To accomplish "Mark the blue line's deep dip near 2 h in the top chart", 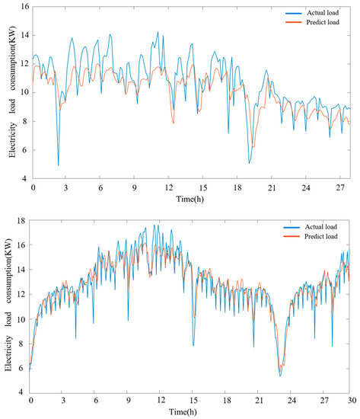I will pyautogui.click(x=59, y=165).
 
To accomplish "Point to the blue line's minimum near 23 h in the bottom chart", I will pyautogui.click(x=280, y=376).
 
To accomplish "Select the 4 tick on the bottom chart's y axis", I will pyautogui.click(x=23, y=392).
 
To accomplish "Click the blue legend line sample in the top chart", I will pyautogui.click(x=278, y=12).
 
